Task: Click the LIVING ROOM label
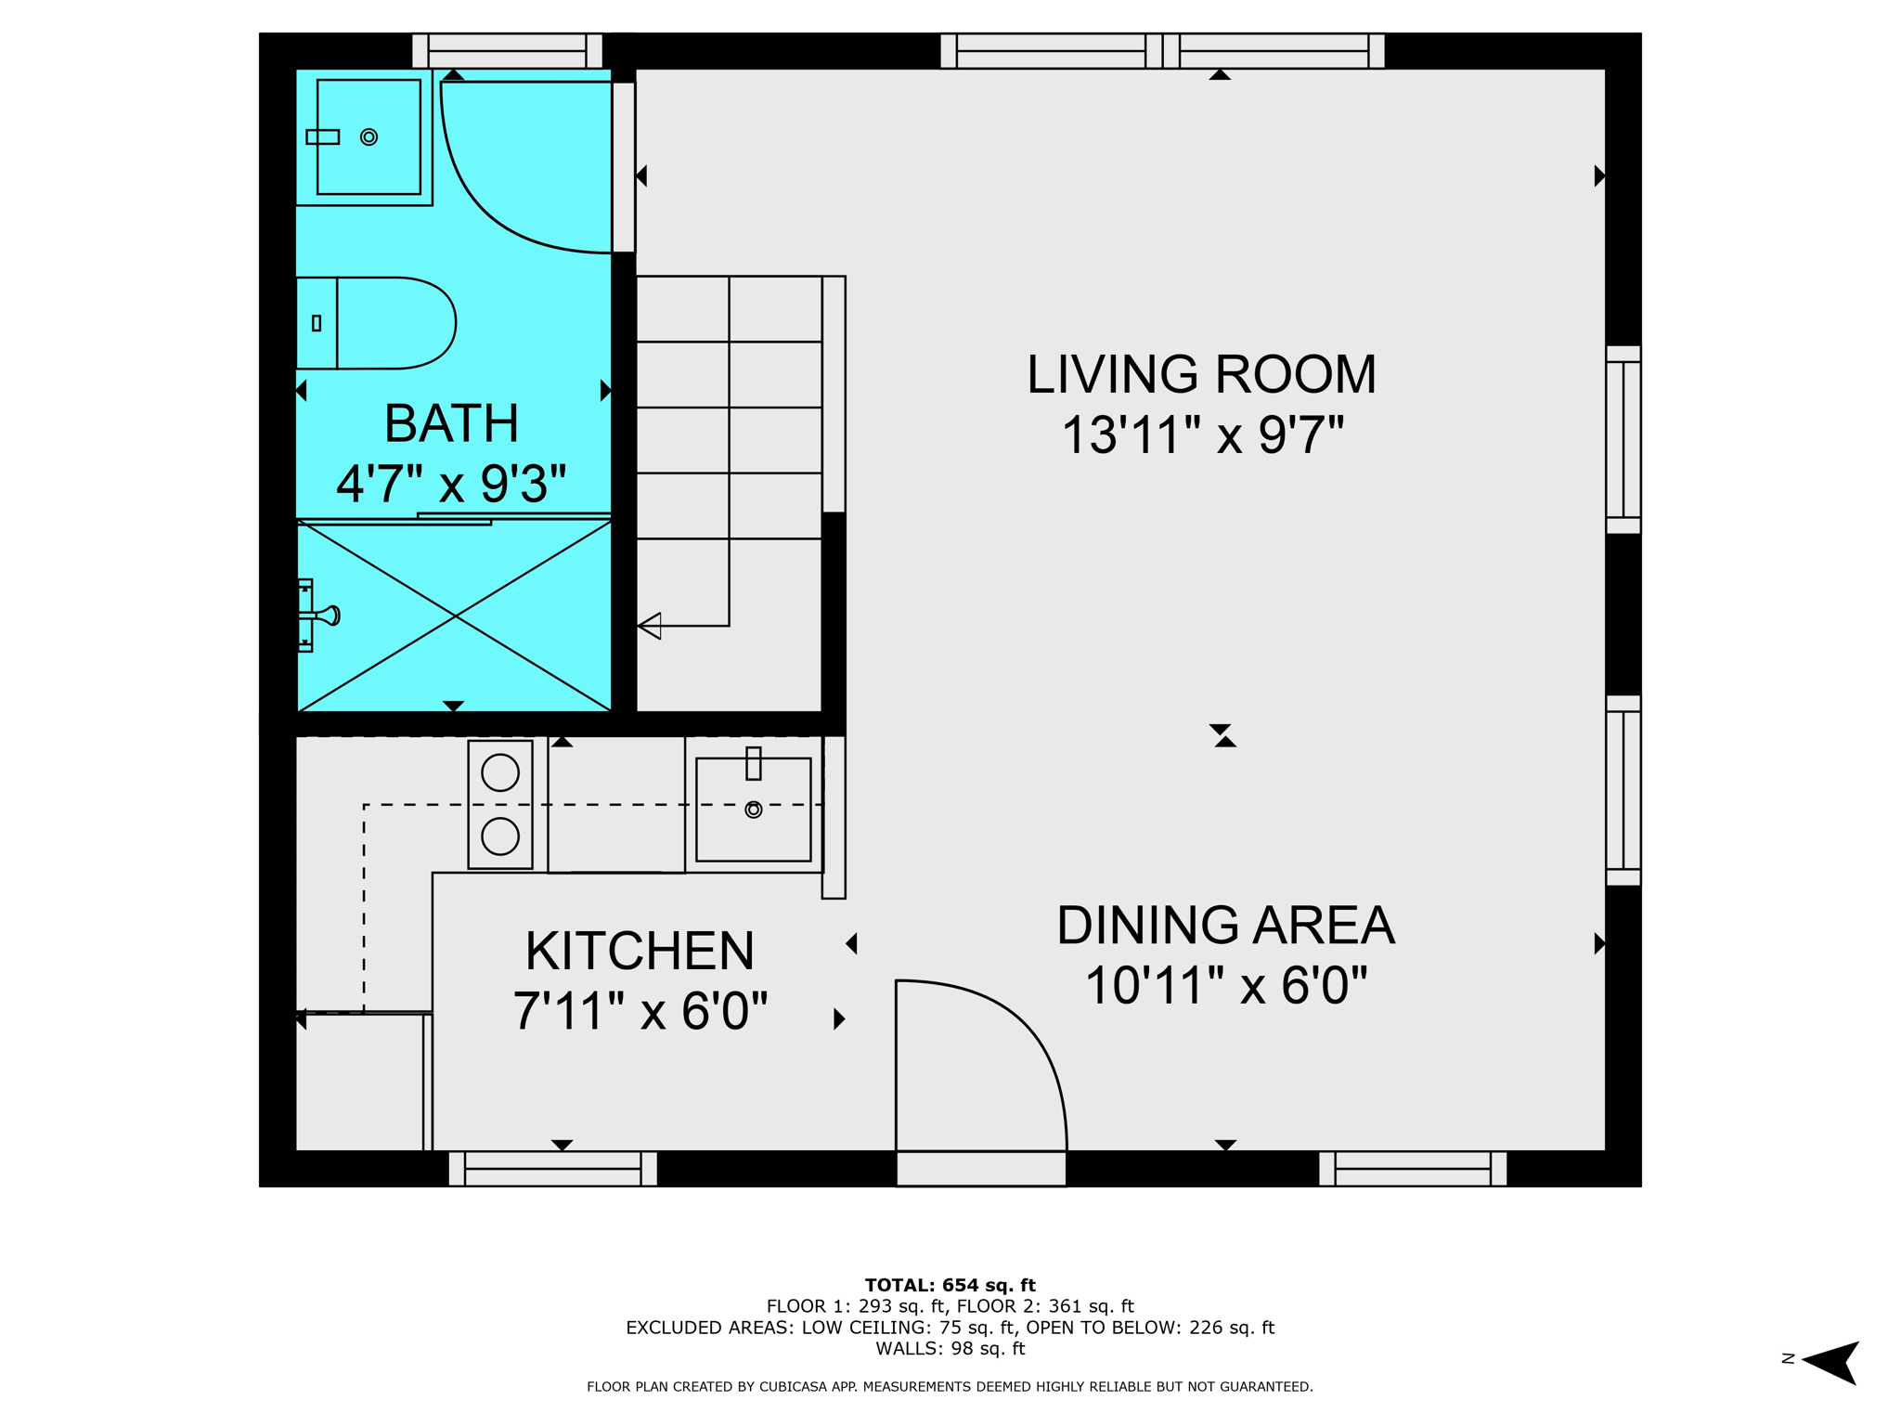pos(1201,374)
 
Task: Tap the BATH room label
pos(451,423)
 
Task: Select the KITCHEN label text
pos(640,951)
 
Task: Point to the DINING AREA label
pos(1225,926)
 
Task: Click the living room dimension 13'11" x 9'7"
pos(1202,434)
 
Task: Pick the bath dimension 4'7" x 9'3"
pos(451,484)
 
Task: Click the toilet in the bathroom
pos(376,323)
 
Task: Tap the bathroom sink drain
pos(369,137)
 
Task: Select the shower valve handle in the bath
pos(328,615)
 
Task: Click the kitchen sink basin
pos(753,810)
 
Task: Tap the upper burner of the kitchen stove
pos(500,773)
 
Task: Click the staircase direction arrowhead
pos(650,626)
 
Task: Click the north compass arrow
pos(1830,1363)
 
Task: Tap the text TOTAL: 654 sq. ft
pos(950,1285)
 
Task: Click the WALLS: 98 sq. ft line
pos(950,1348)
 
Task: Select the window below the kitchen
pos(553,1169)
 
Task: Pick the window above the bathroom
pos(507,51)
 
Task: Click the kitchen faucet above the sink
pos(754,763)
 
